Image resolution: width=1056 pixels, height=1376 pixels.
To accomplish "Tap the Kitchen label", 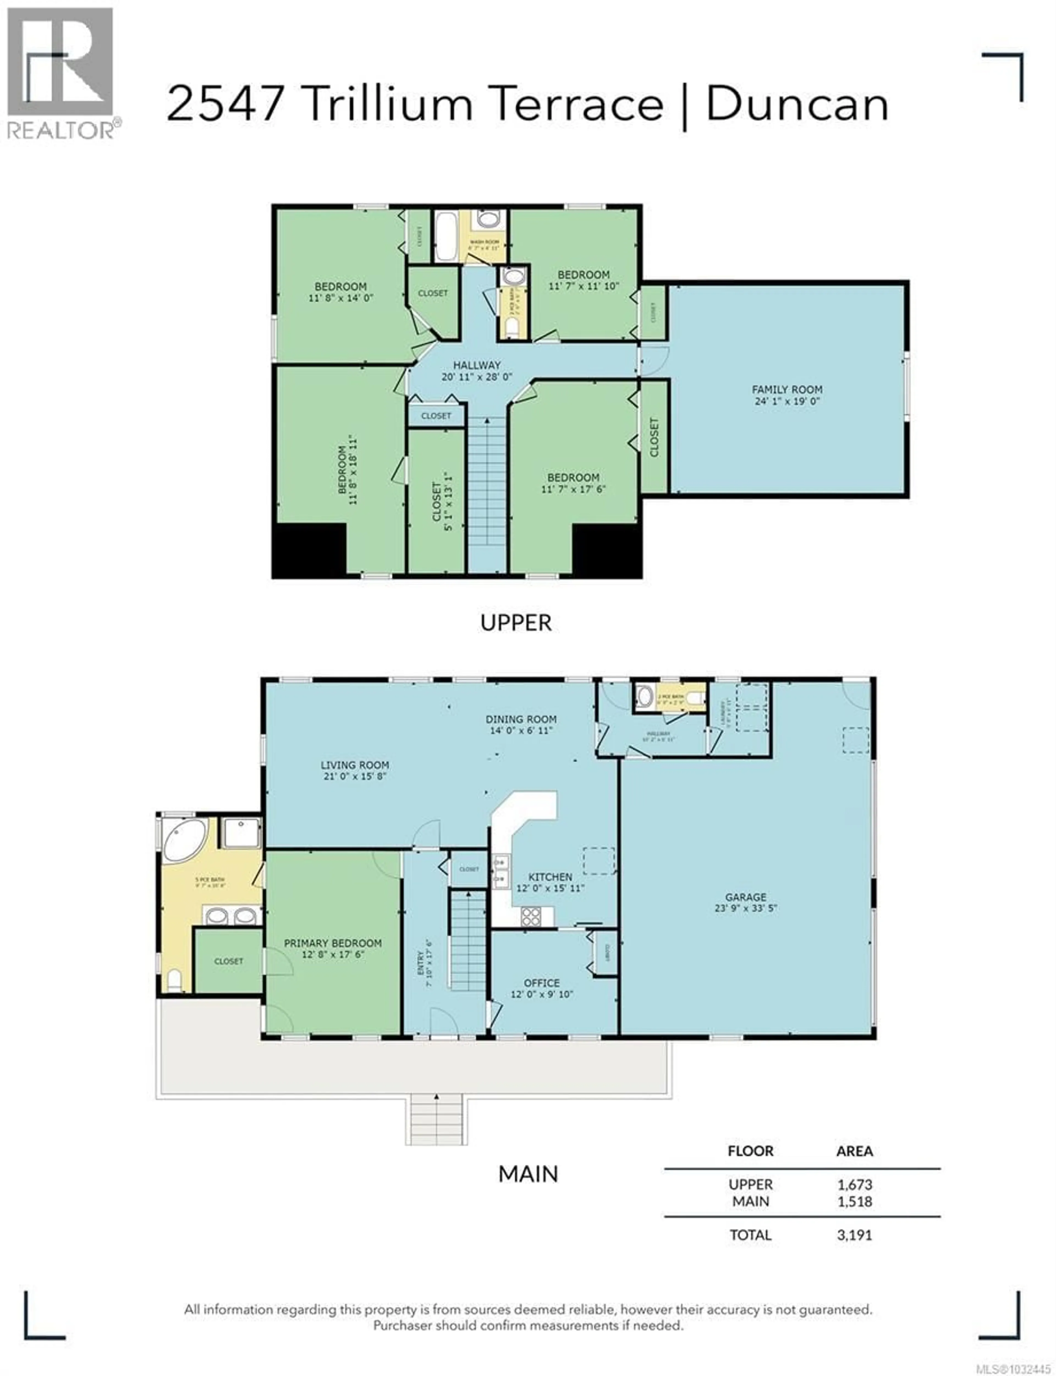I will [550, 877].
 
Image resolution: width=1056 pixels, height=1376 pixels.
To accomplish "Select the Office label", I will [541, 983].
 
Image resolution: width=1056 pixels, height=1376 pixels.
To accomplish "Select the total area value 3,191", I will [854, 1235].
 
